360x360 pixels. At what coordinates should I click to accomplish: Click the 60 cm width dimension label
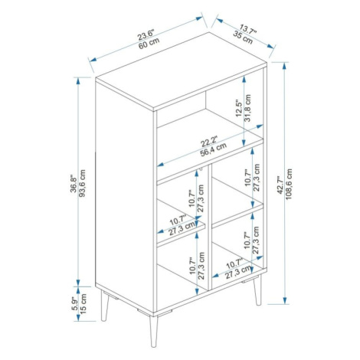coord(149,44)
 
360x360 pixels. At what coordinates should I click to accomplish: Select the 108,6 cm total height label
coord(289,184)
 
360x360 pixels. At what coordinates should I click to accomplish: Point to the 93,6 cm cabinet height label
coord(82,183)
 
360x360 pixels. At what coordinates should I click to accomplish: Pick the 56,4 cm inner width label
coord(213,149)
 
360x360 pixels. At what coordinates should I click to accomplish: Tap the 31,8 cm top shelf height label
coord(247,108)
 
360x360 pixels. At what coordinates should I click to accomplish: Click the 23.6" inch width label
coord(146,34)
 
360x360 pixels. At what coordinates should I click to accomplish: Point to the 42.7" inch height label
coord(280,185)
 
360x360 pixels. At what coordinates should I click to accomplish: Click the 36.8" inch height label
coord(74,183)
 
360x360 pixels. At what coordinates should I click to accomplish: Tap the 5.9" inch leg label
coord(75,303)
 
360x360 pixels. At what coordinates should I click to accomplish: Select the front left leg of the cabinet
coord(104,306)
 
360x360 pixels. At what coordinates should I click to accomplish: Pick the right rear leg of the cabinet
coord(258,290)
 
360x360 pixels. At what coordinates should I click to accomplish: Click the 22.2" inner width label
coord(208,142)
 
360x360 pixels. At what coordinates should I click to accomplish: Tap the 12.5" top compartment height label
coord(239,108)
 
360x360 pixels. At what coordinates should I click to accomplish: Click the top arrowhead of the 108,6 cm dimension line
coord(285,66)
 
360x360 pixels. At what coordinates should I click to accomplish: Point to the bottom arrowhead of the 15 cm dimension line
coord(78,317)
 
